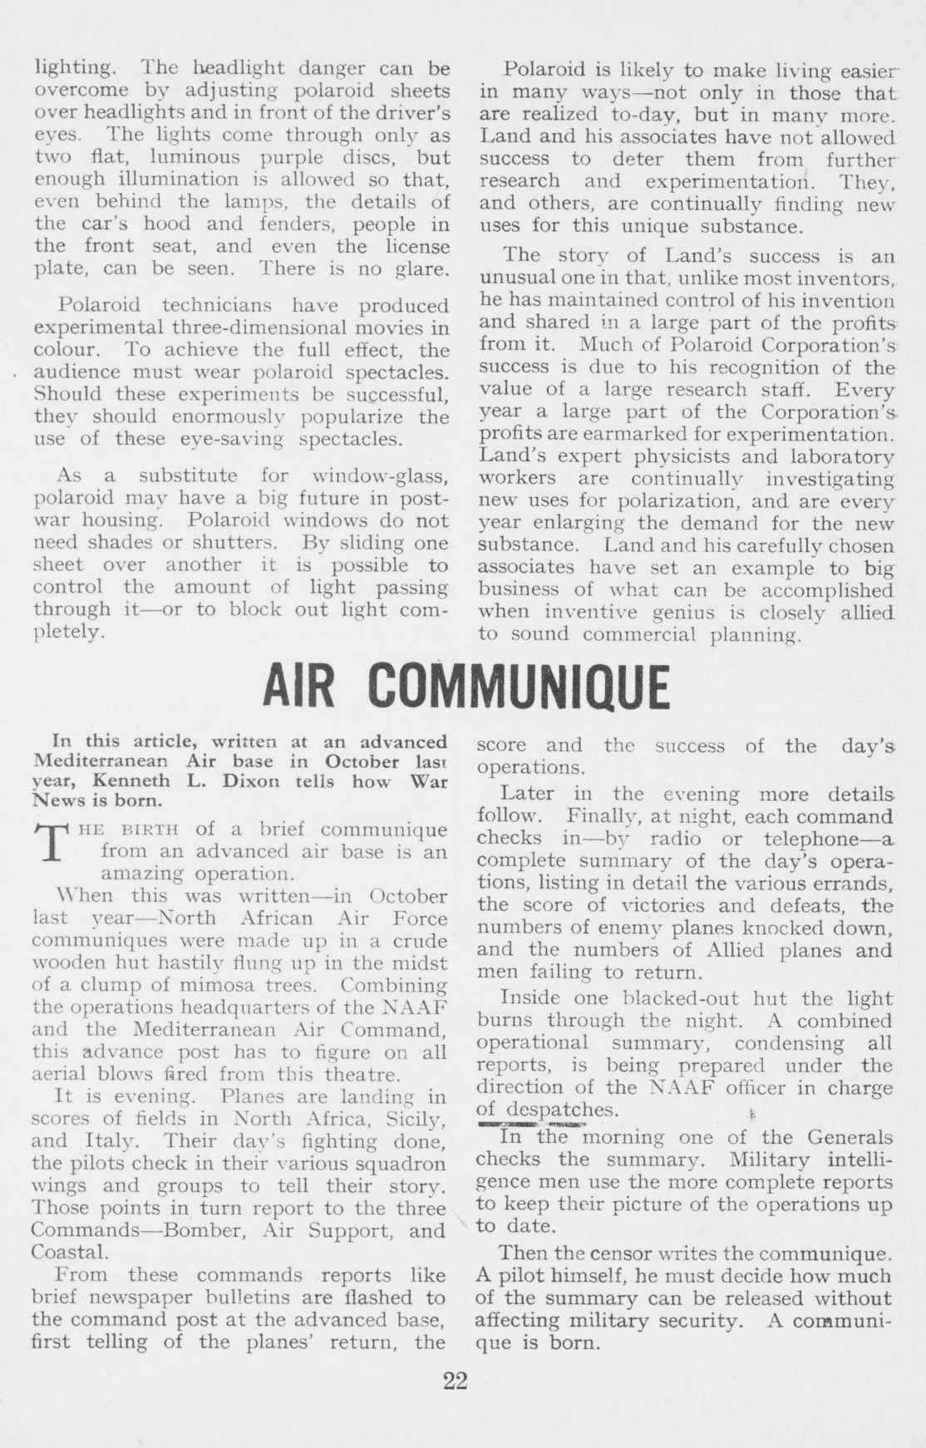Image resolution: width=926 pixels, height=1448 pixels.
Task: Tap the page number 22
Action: [x=456, y=1381]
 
